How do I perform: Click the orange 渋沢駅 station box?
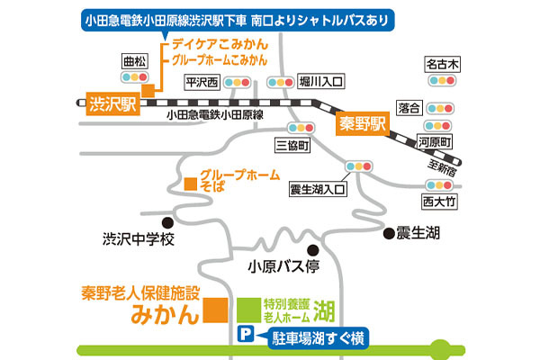[112, 103]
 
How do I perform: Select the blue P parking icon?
[242, 337]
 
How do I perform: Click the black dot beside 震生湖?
[389, 233]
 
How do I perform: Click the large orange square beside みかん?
[214, 311]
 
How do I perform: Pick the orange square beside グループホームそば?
[190, 184]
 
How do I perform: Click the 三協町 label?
[294, 144]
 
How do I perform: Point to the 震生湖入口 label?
[319, 190]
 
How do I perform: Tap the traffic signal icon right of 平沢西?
[237, 83]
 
